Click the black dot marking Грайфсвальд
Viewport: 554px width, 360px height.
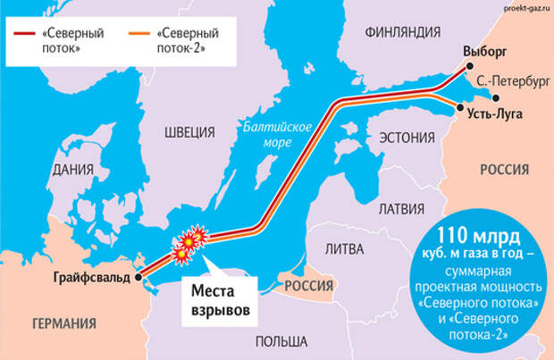(139, 278)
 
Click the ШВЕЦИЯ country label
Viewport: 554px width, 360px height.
(189, 132)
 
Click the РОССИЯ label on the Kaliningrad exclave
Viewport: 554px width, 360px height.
(307, 285)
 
